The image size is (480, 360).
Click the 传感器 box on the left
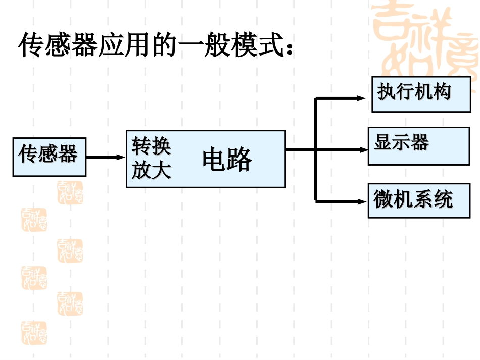click(49, 157)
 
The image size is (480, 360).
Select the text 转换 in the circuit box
click(151, 146)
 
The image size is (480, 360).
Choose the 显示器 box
click(418, 146)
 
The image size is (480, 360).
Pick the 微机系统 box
click(419, 200)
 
